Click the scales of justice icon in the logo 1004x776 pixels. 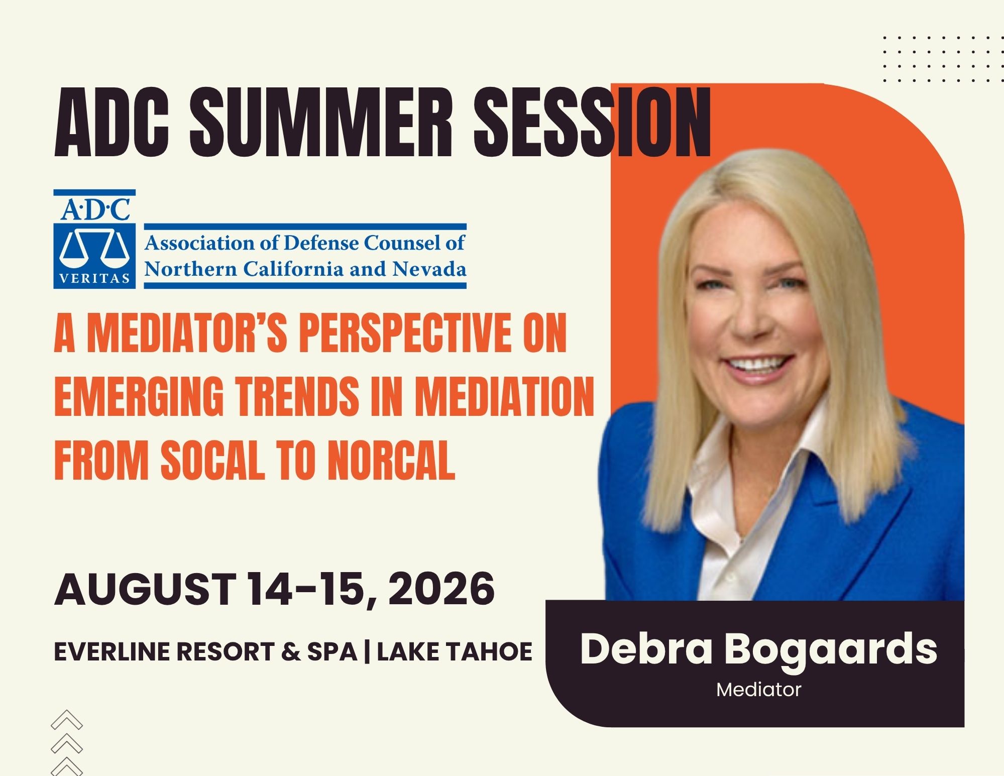94,248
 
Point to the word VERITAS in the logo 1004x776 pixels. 94,279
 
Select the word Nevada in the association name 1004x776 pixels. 429,269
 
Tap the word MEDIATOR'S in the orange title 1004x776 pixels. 187,332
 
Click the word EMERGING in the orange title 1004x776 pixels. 139,396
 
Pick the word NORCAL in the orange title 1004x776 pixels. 391,460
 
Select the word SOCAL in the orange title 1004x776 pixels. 212,460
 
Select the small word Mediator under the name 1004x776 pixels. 758,690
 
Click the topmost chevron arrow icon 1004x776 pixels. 67,720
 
